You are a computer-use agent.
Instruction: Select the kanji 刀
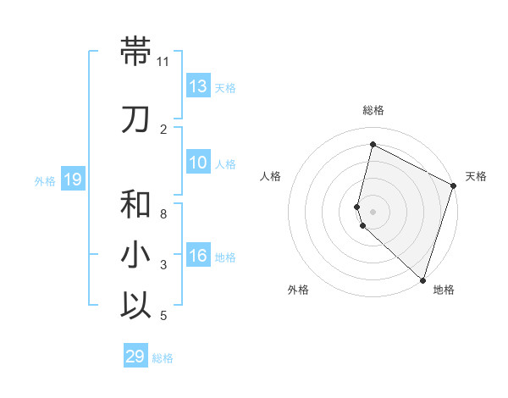coord(136,119)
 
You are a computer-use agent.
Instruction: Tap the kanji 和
coord(136,204)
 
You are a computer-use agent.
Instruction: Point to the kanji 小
coord(136,255)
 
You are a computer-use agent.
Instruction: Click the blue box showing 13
coord(198,86)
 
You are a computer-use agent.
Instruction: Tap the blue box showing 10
coord(198,163)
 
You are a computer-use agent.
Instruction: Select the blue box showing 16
coord(198,257)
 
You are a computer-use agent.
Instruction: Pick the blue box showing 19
coord(72,180)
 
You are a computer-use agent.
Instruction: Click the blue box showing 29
coord(135,357)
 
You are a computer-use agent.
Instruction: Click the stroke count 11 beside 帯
coord(163,62)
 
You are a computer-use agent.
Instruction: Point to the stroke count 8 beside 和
coord(163,214)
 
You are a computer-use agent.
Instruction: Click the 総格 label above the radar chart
coord(373,110)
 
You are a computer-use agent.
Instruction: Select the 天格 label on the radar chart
coord(476,176)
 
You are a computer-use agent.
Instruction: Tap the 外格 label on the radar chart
coord(298,290)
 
